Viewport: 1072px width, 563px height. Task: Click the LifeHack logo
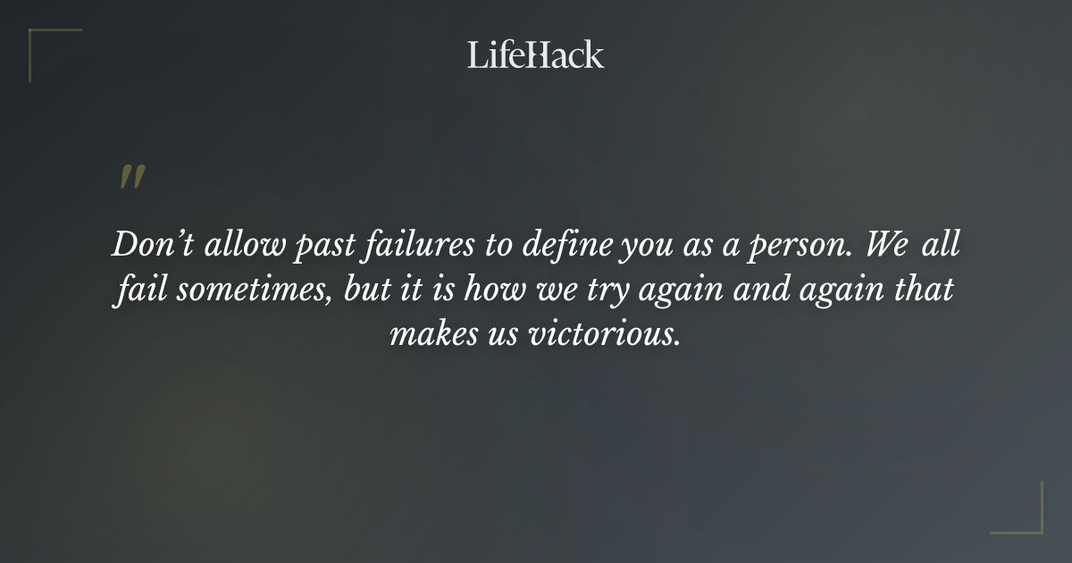tap(535, 55)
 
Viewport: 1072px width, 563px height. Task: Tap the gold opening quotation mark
tap(131, 177)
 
